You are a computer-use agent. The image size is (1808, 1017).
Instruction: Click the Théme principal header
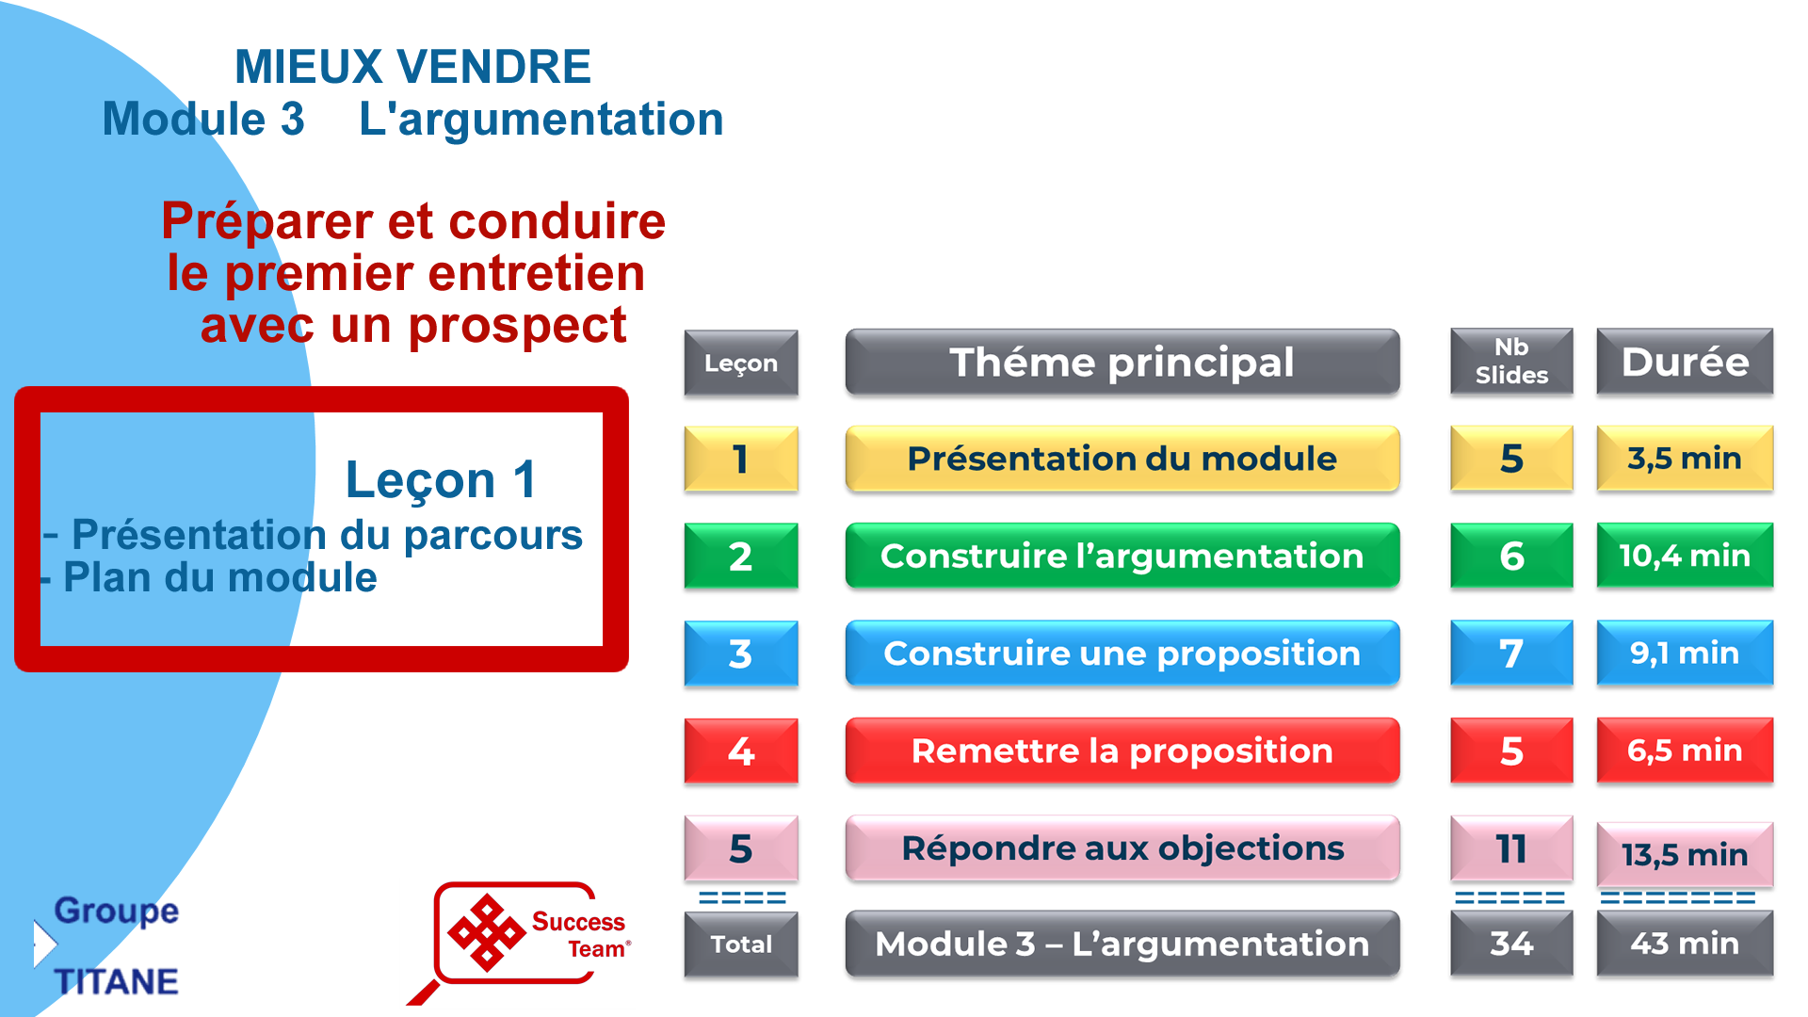[x=1122, y=363]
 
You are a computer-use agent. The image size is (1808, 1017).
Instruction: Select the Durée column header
[x=1685, y=363]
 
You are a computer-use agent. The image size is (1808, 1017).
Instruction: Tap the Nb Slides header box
[x=1511, y=363]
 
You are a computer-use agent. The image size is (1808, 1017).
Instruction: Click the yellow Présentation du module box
[x=1122, y=459]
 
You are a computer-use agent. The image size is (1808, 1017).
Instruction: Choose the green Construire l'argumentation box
[x=1122, y=556]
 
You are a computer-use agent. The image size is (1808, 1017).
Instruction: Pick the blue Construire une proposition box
[x=1122, y=654]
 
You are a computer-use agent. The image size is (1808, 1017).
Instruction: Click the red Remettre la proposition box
[x=1122, y=751]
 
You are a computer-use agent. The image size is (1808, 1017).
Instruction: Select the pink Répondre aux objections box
[x=1122, y=848]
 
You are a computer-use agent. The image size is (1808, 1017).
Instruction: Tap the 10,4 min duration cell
[x=1685, y=556]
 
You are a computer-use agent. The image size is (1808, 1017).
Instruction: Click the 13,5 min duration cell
[x=1685, y=854]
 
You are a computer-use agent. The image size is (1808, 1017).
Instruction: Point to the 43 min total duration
[x=1685, y=944]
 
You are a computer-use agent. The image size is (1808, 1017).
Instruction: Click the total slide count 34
[x=1511, y=944]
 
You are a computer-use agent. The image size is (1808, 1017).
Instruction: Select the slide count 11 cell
[x=1511, y=848]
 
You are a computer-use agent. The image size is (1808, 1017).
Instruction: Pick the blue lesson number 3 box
[x=741, y=654]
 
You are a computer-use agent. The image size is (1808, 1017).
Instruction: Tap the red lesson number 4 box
[x=741, y=751]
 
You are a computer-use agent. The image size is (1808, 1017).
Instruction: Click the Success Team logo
[x=523, y=937]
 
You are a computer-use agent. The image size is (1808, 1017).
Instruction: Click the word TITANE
[x=116, y=982]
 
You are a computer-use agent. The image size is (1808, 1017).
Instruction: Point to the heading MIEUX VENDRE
[x=412, y=67]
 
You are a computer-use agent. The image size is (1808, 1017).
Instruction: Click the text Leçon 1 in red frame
[x=441, y=479]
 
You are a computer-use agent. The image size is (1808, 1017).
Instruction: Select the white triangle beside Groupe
[x=44, y=944]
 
